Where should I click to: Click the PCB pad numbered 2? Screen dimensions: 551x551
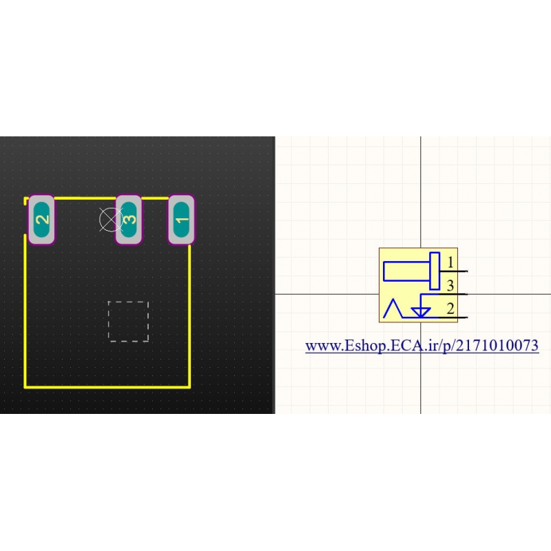coord(41,220)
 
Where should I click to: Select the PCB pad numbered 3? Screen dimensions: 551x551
coord(129,220)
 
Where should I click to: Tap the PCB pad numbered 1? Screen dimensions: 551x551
coord(181,220)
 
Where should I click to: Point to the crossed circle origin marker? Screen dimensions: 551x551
coord(111,220)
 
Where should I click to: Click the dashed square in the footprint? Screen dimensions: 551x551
coord(128,321)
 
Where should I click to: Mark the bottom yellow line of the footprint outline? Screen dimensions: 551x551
coord(107,387)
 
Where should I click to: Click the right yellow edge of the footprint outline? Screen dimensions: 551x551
coord(189,316)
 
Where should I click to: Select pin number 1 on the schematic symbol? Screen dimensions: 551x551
coord(450,262)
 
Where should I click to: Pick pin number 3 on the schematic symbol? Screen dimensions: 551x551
coord(450,286)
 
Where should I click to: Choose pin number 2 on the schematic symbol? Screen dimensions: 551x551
coord(450,309)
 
